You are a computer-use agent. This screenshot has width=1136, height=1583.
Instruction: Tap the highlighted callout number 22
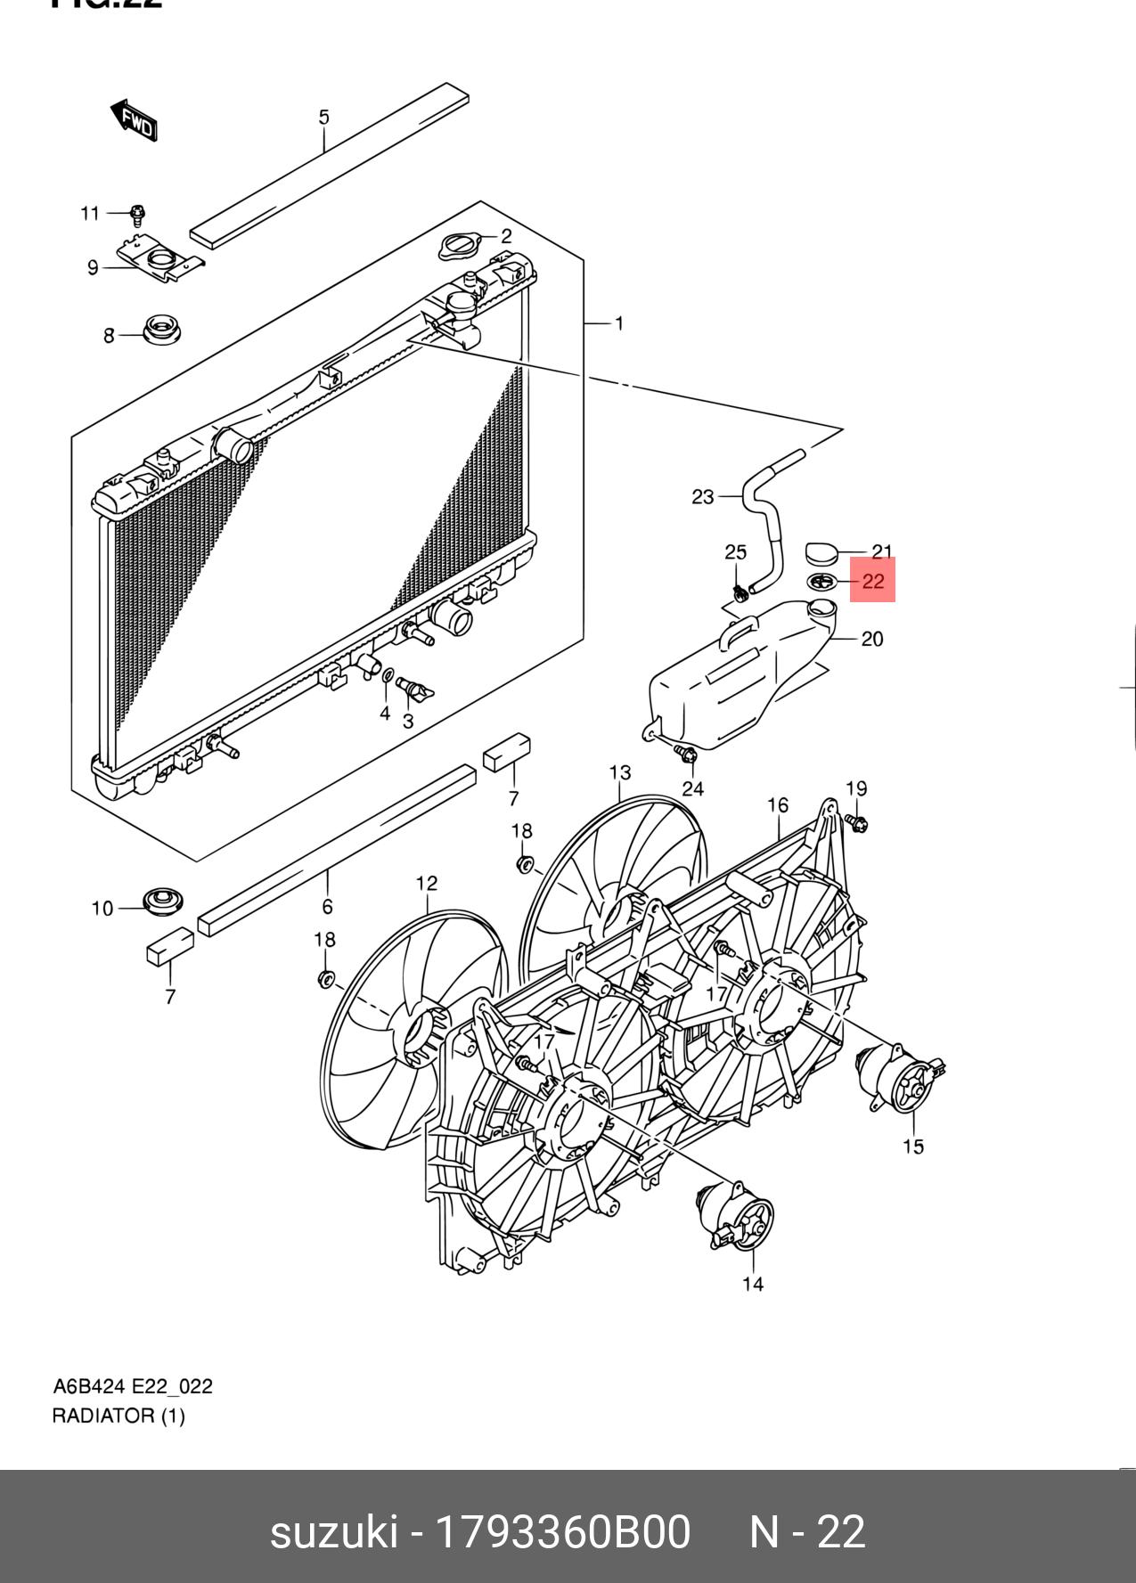point(872,581)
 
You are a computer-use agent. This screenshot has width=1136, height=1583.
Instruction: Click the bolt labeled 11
point(137,215)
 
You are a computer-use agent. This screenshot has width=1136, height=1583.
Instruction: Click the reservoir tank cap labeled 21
point(821,552)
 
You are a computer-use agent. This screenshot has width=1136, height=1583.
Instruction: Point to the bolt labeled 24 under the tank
point(687,755)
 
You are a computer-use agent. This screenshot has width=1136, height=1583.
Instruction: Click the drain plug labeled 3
point(416,690)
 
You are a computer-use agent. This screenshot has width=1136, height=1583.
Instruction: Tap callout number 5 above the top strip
point(323,117)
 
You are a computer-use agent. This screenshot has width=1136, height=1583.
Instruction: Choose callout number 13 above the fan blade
point(620,773)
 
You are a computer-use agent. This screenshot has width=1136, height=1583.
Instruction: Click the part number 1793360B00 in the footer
point(562,1532)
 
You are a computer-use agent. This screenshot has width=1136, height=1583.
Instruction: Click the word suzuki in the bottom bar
point(333,1532)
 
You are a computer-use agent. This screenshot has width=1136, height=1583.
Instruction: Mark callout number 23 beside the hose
point(703,496)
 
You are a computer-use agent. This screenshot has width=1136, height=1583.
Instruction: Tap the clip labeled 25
point(739,591)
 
